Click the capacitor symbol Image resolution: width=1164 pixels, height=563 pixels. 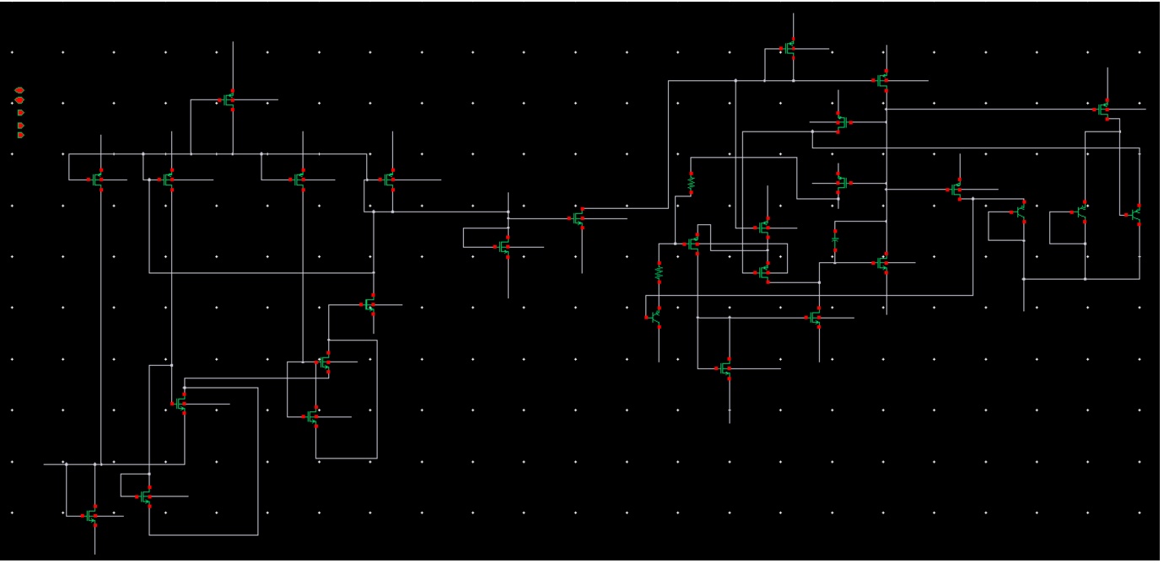click(x=835, y=239)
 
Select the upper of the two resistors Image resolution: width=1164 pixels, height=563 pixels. click(x=691, y=181)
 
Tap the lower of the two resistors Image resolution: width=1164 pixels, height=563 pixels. click(x=660, y=272)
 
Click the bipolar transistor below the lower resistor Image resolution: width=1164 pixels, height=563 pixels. click(x=655, y=318)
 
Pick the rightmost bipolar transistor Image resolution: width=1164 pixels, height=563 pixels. click(x=1135, y=215)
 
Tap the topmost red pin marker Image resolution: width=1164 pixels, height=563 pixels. click(x=19, y=89)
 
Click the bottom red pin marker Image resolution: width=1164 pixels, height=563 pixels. click(x=21, y=135)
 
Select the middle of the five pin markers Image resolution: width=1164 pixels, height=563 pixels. click(x=21, y=112)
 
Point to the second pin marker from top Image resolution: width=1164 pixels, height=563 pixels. click(x=19, y=100)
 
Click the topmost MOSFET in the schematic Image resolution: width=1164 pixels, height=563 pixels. click(x=790, y=48)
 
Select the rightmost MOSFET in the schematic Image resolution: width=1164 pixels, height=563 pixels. click(x=1104, y=109)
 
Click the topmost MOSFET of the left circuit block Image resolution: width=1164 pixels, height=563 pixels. click(x=229, y=99)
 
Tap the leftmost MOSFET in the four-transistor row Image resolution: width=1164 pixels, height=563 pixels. click(x=98, y=179)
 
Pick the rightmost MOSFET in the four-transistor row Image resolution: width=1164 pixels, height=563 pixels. click(x=390, y=179)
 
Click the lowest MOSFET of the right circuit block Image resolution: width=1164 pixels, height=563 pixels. click(x=725, y=368)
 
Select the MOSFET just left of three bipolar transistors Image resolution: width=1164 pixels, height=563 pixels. click(x=957, y=189)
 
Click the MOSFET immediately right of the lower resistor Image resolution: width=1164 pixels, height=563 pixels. click(x=694, y=244)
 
